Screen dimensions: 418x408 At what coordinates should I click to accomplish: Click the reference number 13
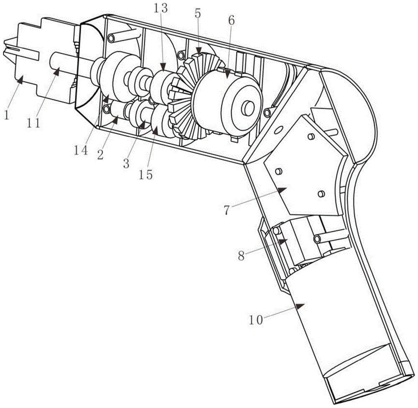pos(161,8)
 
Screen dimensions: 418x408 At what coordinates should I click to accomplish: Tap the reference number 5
pos(198,14)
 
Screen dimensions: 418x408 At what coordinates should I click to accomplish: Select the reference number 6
pos(232,20)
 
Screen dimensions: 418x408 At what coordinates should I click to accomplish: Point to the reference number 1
pos(6,115)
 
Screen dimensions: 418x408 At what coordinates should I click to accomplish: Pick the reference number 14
pos(81,150)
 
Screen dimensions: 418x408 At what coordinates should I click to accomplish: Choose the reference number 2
pos(100,154)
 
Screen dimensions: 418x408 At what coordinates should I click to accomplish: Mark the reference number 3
pos(126,163)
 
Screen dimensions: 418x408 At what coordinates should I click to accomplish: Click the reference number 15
pos(145,174)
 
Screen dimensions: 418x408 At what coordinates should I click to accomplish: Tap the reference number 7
pos(226,210)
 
